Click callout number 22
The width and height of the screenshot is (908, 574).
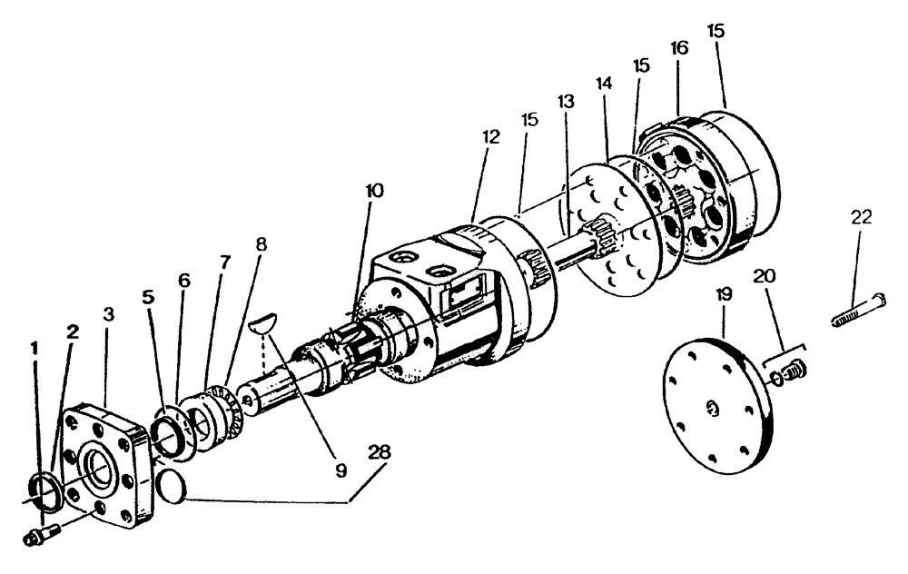[x=862, y=218]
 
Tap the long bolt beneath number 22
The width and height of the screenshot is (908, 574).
[x=858, y=309]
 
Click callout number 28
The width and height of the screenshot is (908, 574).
[x=380, y=451]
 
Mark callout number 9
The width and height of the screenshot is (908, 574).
[x=340, y=470]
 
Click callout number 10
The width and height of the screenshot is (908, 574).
[x=374, y=191]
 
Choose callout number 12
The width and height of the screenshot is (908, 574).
[x=491, y=136]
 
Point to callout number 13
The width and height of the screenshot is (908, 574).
[x=567, y=102]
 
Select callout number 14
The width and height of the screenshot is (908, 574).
[x=604, y=83]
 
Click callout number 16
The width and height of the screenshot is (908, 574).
[x=678, y=48]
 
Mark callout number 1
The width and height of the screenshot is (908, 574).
[x=35, y=347]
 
